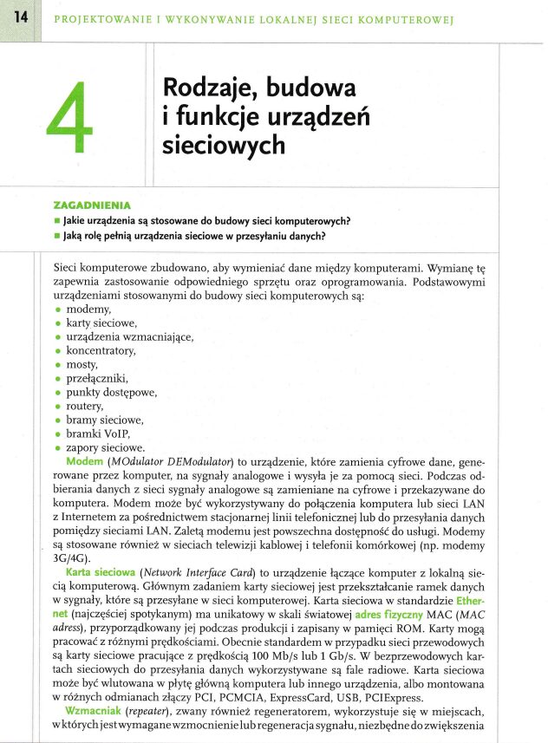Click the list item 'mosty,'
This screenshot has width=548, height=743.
point(83,365)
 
